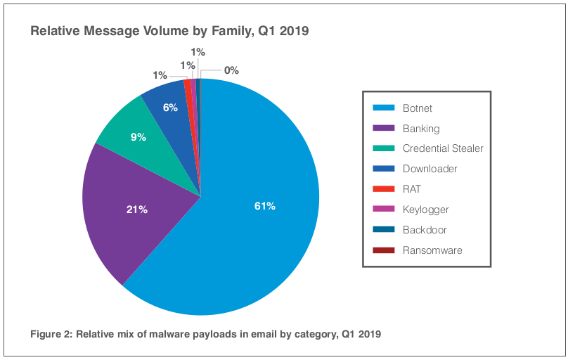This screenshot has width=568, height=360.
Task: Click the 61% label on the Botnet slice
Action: point(264,206)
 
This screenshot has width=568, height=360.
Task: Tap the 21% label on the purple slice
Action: point(137,210)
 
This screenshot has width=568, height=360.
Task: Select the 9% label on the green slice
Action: point(138,137)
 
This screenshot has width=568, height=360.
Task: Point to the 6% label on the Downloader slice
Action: point(170,108)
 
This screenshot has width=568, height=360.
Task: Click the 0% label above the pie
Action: point(231,70)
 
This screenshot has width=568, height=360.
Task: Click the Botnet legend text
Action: point(418,109)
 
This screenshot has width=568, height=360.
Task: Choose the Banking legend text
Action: point(421,129)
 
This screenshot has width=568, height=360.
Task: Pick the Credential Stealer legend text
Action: point(443,148)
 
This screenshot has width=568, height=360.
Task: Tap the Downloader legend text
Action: point(430,169)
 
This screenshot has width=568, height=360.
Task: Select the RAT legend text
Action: point(412,189)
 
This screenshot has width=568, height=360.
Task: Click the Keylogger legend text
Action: point(425,210)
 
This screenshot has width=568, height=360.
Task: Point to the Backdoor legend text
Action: point(425,230)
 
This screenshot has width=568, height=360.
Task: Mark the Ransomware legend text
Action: point(432,250)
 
